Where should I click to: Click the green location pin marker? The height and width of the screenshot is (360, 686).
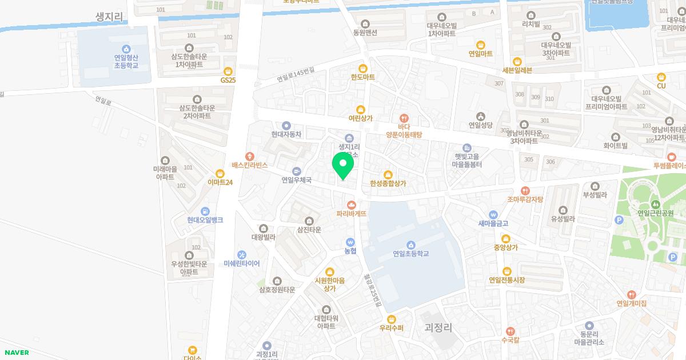[x=342, y=167]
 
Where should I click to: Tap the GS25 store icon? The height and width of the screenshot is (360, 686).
[x=228, y=71]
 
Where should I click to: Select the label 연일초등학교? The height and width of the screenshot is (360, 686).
[x=410, y=254]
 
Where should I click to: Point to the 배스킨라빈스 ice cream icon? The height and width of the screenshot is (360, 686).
[x=249, y=156]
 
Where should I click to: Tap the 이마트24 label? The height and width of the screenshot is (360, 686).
[x=220, y=182]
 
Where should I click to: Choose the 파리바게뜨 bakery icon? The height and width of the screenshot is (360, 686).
[x=351, y=204]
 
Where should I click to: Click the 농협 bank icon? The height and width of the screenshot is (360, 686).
[x=350, y=242]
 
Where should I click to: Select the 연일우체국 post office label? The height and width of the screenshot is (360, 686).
[x=296, y=180]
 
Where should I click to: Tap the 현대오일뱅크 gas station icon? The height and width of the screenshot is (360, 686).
[x=205, y=211]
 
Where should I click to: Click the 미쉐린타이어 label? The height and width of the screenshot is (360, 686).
[x=242, y=263]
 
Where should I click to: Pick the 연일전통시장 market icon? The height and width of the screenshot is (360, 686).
[x=506, y=271]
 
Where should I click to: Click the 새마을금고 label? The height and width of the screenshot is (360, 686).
[x=493, y=223]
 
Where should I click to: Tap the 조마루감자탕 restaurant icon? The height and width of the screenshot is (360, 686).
[x=525, y=191]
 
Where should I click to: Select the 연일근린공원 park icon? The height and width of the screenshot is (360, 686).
[x=656, y=203]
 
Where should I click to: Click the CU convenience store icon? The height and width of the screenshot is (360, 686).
[x=661, y=77]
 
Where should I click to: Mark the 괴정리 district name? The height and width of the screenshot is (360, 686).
[x=438, y=327]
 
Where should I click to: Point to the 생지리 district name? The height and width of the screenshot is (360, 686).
[x=110, y=17]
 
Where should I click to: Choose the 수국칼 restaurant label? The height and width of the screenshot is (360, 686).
[x=510, y=339]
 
